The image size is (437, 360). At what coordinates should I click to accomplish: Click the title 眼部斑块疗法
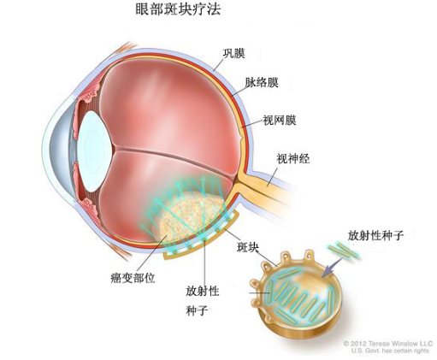pyautogui.click(x=178, y=9)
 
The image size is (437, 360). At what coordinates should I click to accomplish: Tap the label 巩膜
pyautogui.click(x=233, y=53)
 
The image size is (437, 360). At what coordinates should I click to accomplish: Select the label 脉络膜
pyautogui.click(x=262, y=82)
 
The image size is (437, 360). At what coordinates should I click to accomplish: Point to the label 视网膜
pyautogui.click(x=280, y=120)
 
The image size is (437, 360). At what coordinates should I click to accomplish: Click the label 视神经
pyautogui.click(x=293, y=158)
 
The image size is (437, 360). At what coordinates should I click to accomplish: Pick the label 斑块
pyautogui.click(x=248, y=247)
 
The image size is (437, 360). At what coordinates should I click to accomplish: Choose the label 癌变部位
pyautogui.click(x=133, y=277)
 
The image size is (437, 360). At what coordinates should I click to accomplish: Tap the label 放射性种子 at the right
pyautogui.click(x=375, y=235)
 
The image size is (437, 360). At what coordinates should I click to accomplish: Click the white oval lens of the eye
pyautogui.click(x=94, y=151)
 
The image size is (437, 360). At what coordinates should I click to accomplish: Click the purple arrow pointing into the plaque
pyautogui.click(x=332, y=268)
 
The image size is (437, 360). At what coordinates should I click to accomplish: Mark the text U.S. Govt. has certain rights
pyautogui.click(x=390, y=351)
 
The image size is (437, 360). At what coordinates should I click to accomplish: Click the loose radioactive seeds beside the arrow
pyautogui.click(x=343, y=251)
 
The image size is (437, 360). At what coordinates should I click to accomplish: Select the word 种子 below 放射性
pyautogui.click(x=197, y=310)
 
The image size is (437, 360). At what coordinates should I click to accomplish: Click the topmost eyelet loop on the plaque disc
pyautogui.click(x=309, y=253)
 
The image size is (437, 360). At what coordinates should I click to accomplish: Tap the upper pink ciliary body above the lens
pyautogui.click(x=88, y=92)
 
